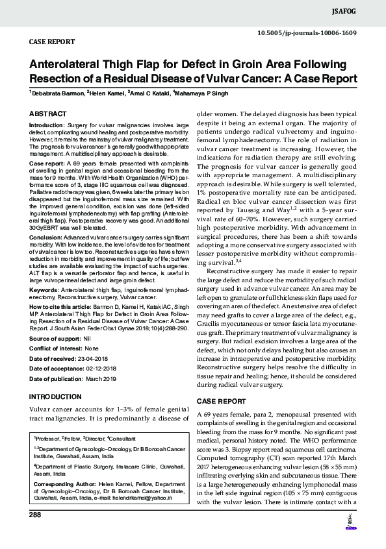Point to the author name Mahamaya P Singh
tap(203, 93)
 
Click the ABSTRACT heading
tap(48, 114)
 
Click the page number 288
tap(35, 515)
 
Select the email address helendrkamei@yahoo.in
tap(149, 500)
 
